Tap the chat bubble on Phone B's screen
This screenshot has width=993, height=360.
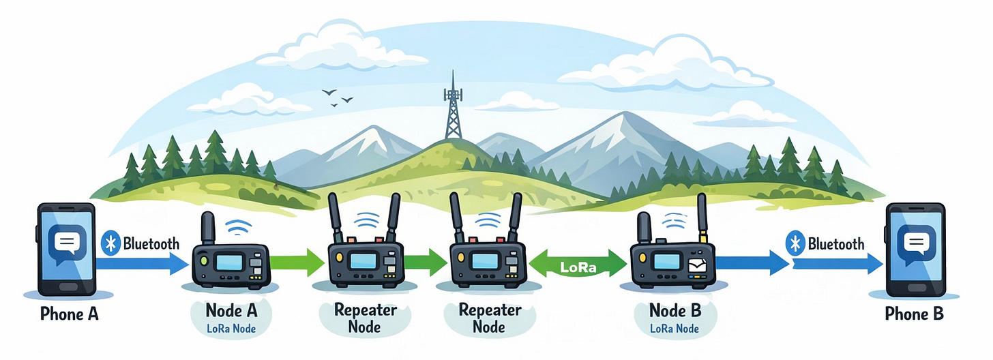(915, 243)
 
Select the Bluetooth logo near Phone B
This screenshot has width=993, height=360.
(795, 244)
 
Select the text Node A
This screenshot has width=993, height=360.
(232, 311)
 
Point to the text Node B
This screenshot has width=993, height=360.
(674, 311)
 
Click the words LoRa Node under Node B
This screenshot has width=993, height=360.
(674, 329)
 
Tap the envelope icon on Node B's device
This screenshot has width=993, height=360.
(696, 267)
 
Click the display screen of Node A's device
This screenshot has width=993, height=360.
(227, 262)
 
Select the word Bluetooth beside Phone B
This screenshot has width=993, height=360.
(835, 244)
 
